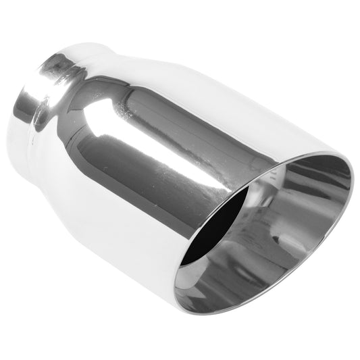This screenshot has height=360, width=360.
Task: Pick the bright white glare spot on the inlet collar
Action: pyautogui.click(x=27, y=101)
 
